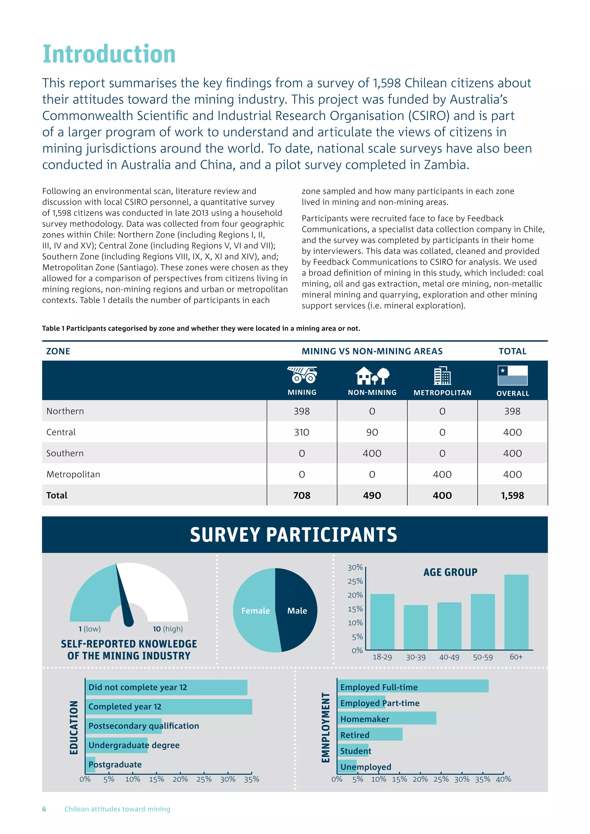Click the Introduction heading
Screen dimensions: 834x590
(109, 54)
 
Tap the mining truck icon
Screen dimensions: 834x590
(302, 375)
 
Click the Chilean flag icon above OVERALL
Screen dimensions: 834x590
(512, 375)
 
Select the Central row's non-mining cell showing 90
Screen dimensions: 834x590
(372, 432)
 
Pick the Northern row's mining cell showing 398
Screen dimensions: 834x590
(302, 411)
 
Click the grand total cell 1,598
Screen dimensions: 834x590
(512, 495)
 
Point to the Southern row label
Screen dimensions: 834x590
(65, 453)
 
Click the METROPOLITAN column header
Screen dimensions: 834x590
(442, 393)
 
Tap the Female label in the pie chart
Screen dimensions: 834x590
(256, 611)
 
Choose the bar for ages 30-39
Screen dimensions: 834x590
(416, 627)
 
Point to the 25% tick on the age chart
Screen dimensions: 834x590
(355, 581)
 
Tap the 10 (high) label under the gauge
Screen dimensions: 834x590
(167, 629)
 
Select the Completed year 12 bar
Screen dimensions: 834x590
(169, 706)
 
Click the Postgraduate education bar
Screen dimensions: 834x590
(90, 764)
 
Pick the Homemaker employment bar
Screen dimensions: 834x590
(387, 719)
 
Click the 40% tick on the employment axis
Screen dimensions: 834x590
(504, 779)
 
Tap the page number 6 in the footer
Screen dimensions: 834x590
(44, 809)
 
